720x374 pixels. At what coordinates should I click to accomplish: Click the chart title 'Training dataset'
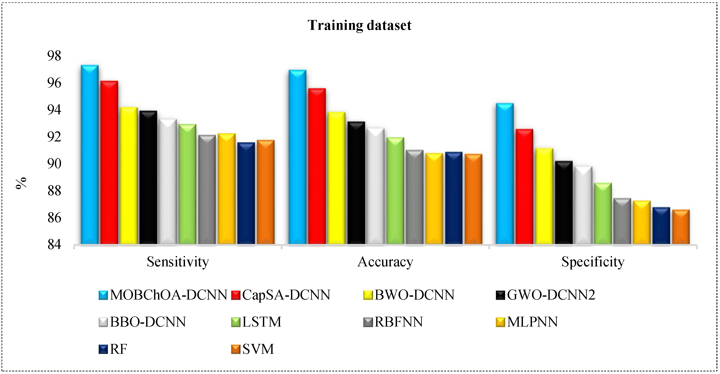pyautogui.click(x=359, y=25)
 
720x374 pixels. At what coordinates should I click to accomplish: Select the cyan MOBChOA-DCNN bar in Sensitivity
pyautogui.click(x=90, y=154)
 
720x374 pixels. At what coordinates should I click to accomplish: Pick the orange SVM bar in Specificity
pyautogui.click(x=681, y=227)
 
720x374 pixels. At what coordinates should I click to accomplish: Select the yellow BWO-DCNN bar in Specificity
pyautogui.click(x=544, y=196)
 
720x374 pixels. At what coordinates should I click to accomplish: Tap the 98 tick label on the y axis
pyautogui.click(x=54, y=56)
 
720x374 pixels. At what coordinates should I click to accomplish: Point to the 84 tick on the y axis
pyautogui.click(x=54, y=244)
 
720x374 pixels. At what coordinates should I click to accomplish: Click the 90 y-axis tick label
pyautogui.click(x=54, y=164)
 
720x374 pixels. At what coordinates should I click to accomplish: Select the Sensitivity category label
pyautogui.click(x=178, y=262)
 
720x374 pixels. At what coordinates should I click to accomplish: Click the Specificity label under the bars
pyautogui.click(x=593, y=262)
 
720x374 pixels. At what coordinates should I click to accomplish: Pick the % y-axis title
pyautogui.click(x=21, y=183)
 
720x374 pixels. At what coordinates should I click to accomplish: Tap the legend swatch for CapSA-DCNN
pyautogui.click(x=236, y=295)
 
